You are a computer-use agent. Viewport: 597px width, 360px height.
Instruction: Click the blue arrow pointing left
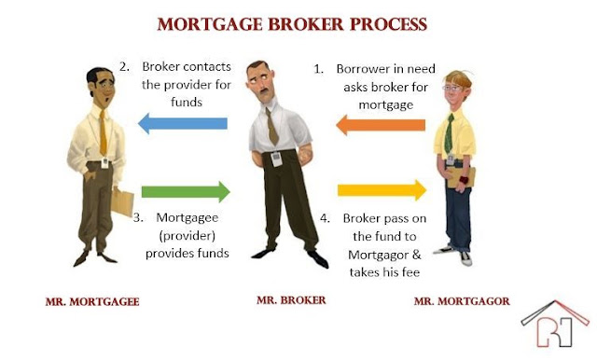click(x=183, y=123)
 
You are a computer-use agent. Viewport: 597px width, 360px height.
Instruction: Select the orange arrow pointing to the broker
click(x=381, y=125)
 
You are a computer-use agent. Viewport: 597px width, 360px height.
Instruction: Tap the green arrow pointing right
click(x=186, y=192)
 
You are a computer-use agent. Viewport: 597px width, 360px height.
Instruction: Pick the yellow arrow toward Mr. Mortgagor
click(x=382, y=190)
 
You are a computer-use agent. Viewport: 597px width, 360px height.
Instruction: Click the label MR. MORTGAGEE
click(x=92, y=302)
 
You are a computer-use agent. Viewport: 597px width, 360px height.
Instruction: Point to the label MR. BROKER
click(x=291, y=300)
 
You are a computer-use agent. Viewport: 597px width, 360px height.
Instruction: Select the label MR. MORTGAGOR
click(x=462, y=301)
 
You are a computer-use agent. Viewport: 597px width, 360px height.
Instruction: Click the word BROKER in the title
click(x=306, y=24)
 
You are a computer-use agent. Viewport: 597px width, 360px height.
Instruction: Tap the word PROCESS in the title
click(x=388, y=24)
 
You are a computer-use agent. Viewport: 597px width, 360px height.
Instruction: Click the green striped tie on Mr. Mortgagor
click(x=450, y=133)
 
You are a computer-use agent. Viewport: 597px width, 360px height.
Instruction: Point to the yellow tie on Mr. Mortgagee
click(x=103, y=132)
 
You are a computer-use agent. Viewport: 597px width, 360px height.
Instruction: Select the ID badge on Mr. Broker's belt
click(x=277, y=159)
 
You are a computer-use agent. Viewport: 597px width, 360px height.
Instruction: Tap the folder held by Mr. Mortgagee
click(x=122, y=202)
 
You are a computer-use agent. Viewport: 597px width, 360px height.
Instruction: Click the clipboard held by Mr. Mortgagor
click(x=462, y=177)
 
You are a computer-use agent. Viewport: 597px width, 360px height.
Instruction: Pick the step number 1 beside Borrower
click(x=318, y=69)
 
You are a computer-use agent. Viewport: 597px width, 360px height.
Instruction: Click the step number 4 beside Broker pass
click(x=325, y=218)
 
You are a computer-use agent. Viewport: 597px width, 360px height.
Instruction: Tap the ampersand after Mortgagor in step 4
click(x=417, y=255)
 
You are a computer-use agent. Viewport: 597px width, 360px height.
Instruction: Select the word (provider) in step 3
click(x=187, y=236)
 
